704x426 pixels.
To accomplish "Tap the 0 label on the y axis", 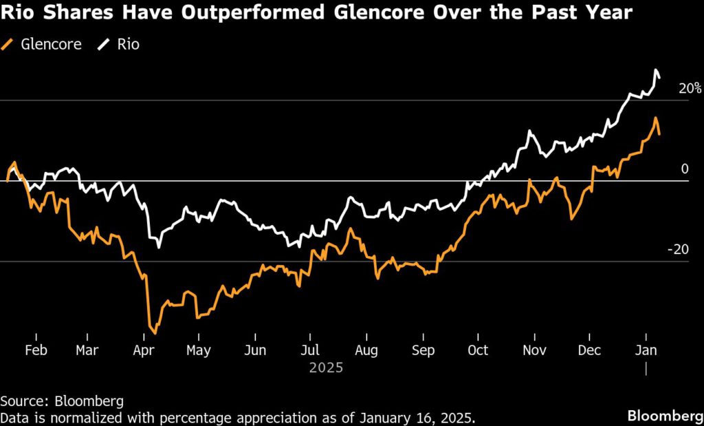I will pos(684,169).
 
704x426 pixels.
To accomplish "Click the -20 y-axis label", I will pos(677,250).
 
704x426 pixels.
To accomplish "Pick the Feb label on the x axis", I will pos(36,350).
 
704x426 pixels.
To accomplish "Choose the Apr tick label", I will pos(143,350).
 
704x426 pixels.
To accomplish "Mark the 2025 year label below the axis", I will pos(326,368).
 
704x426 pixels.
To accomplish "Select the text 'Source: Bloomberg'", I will pos(57,400).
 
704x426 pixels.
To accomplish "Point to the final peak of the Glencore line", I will pos(656,118).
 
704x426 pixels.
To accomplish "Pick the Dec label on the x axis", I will pos(590,350).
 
